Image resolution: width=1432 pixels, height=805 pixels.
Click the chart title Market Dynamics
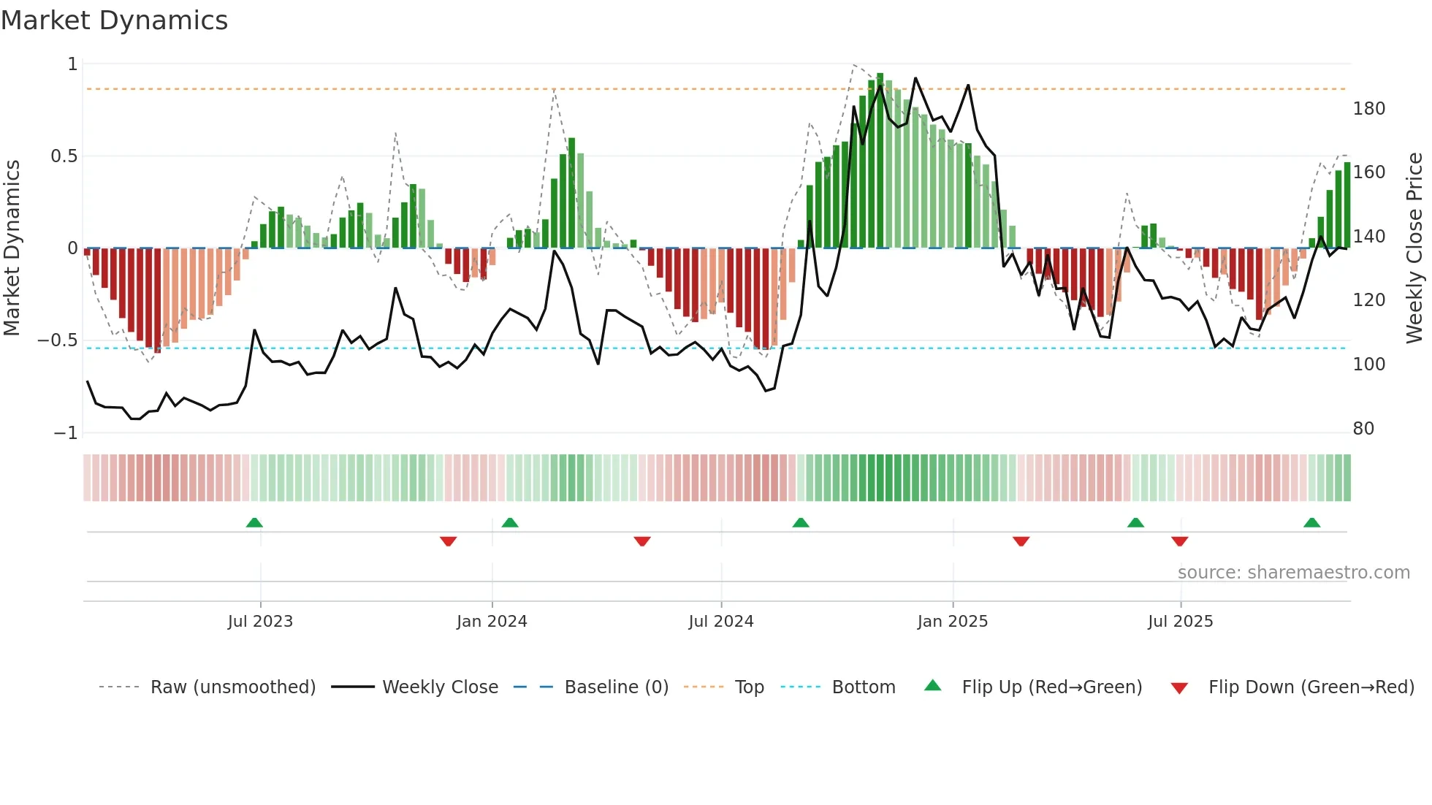(114, 20)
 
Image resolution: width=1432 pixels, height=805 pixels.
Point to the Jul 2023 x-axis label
(260, 622)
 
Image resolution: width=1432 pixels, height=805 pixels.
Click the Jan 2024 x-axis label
(492, 622)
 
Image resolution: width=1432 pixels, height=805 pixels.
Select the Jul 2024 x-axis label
(720, 622)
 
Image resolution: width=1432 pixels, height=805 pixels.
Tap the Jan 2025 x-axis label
(952, 622)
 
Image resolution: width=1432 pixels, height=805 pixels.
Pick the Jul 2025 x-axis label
(1180, 622)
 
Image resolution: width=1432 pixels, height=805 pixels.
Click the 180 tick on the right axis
(1368, 109)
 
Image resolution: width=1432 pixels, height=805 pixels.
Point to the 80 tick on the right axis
(1363, 429)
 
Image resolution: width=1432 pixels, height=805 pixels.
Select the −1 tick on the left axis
(66, 433)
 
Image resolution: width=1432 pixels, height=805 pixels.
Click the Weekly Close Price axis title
(1414, 248)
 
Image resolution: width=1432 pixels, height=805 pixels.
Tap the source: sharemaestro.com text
(1293, 573)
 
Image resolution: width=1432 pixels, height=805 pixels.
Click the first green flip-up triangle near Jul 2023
(254, 523)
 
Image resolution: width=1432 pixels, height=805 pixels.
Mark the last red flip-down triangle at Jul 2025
(1179, 541)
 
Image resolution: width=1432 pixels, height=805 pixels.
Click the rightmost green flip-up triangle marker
(1311, 523)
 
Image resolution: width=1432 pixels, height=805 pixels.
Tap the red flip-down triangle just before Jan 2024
(448, 541)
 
